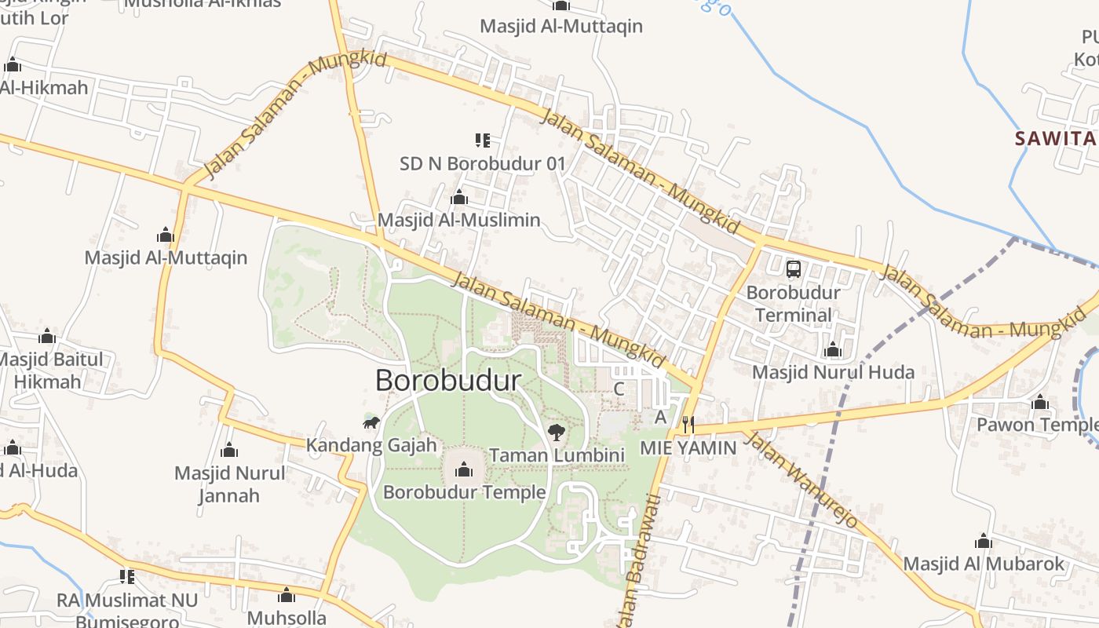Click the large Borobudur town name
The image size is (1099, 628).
(448, 381)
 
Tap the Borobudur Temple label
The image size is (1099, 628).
(464, 492)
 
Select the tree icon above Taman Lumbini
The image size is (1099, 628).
(557, 431)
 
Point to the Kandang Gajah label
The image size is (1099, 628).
(371, 445)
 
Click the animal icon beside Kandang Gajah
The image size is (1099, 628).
(371, 423)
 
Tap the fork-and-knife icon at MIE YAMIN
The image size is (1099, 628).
(688, 425)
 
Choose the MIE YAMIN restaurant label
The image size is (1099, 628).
(688, 448)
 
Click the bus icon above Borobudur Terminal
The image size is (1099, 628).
(794, 269)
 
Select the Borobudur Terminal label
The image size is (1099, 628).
(794, 304)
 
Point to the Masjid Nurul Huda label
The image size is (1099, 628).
(833, 372)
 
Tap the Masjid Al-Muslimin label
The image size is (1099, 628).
(459, 220)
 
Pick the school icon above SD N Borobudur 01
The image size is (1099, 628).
(482, 141)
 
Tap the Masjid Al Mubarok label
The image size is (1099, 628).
(984, 564)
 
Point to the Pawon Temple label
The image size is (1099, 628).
(1037, 425)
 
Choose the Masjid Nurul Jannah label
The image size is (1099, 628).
(229, 484)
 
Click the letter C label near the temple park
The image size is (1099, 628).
(619, 389)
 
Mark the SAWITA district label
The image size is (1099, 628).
(1055, 139)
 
